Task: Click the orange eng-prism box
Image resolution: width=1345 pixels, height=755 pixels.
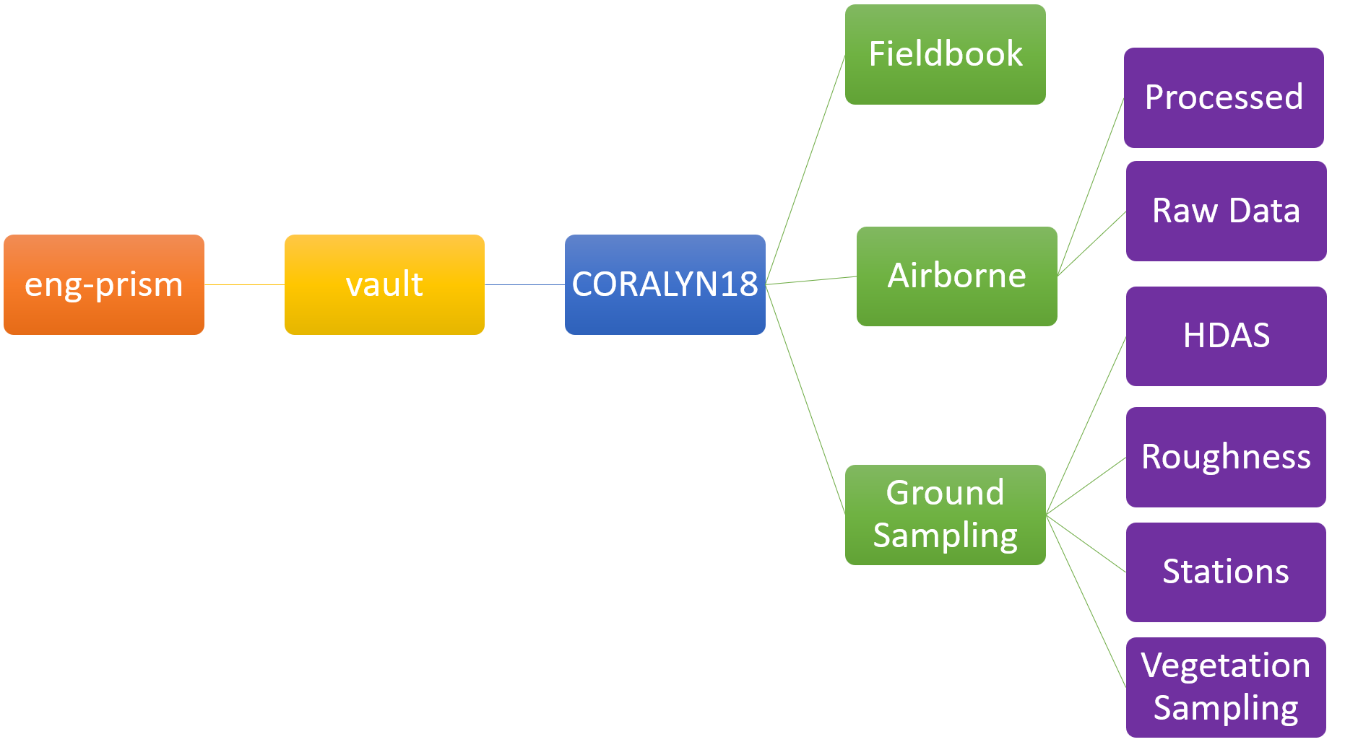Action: [104, 284]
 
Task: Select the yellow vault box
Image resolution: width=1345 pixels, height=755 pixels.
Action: [384, 284]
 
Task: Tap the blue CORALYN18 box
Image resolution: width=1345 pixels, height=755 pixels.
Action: [665, 284]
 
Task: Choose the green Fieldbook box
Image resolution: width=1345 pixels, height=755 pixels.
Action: [945, 55]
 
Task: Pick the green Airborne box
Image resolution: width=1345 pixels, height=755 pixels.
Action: [956, 276]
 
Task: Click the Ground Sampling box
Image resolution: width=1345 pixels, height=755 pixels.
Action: [945, 515]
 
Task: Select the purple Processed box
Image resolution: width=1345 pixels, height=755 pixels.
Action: [1224, 98]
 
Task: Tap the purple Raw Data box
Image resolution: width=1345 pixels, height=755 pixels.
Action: [1226, 211]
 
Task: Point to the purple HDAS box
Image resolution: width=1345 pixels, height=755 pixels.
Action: [1226, 336]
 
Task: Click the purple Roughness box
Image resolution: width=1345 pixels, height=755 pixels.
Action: [1226, 458]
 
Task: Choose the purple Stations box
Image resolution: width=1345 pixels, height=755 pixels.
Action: [1226, 572]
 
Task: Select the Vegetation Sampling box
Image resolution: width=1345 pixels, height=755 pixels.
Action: [1226, 687]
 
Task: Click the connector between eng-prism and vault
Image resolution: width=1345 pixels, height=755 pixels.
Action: [244, 284]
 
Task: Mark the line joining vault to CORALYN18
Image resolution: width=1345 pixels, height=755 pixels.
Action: [524, 284]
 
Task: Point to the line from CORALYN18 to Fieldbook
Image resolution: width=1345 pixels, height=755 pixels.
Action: [805, 169]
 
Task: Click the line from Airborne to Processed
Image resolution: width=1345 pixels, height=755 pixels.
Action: [1091, 187]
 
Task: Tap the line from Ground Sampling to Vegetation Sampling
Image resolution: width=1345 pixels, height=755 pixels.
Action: [1086, 601]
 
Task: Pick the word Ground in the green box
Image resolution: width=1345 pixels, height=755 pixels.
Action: [945, 494]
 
